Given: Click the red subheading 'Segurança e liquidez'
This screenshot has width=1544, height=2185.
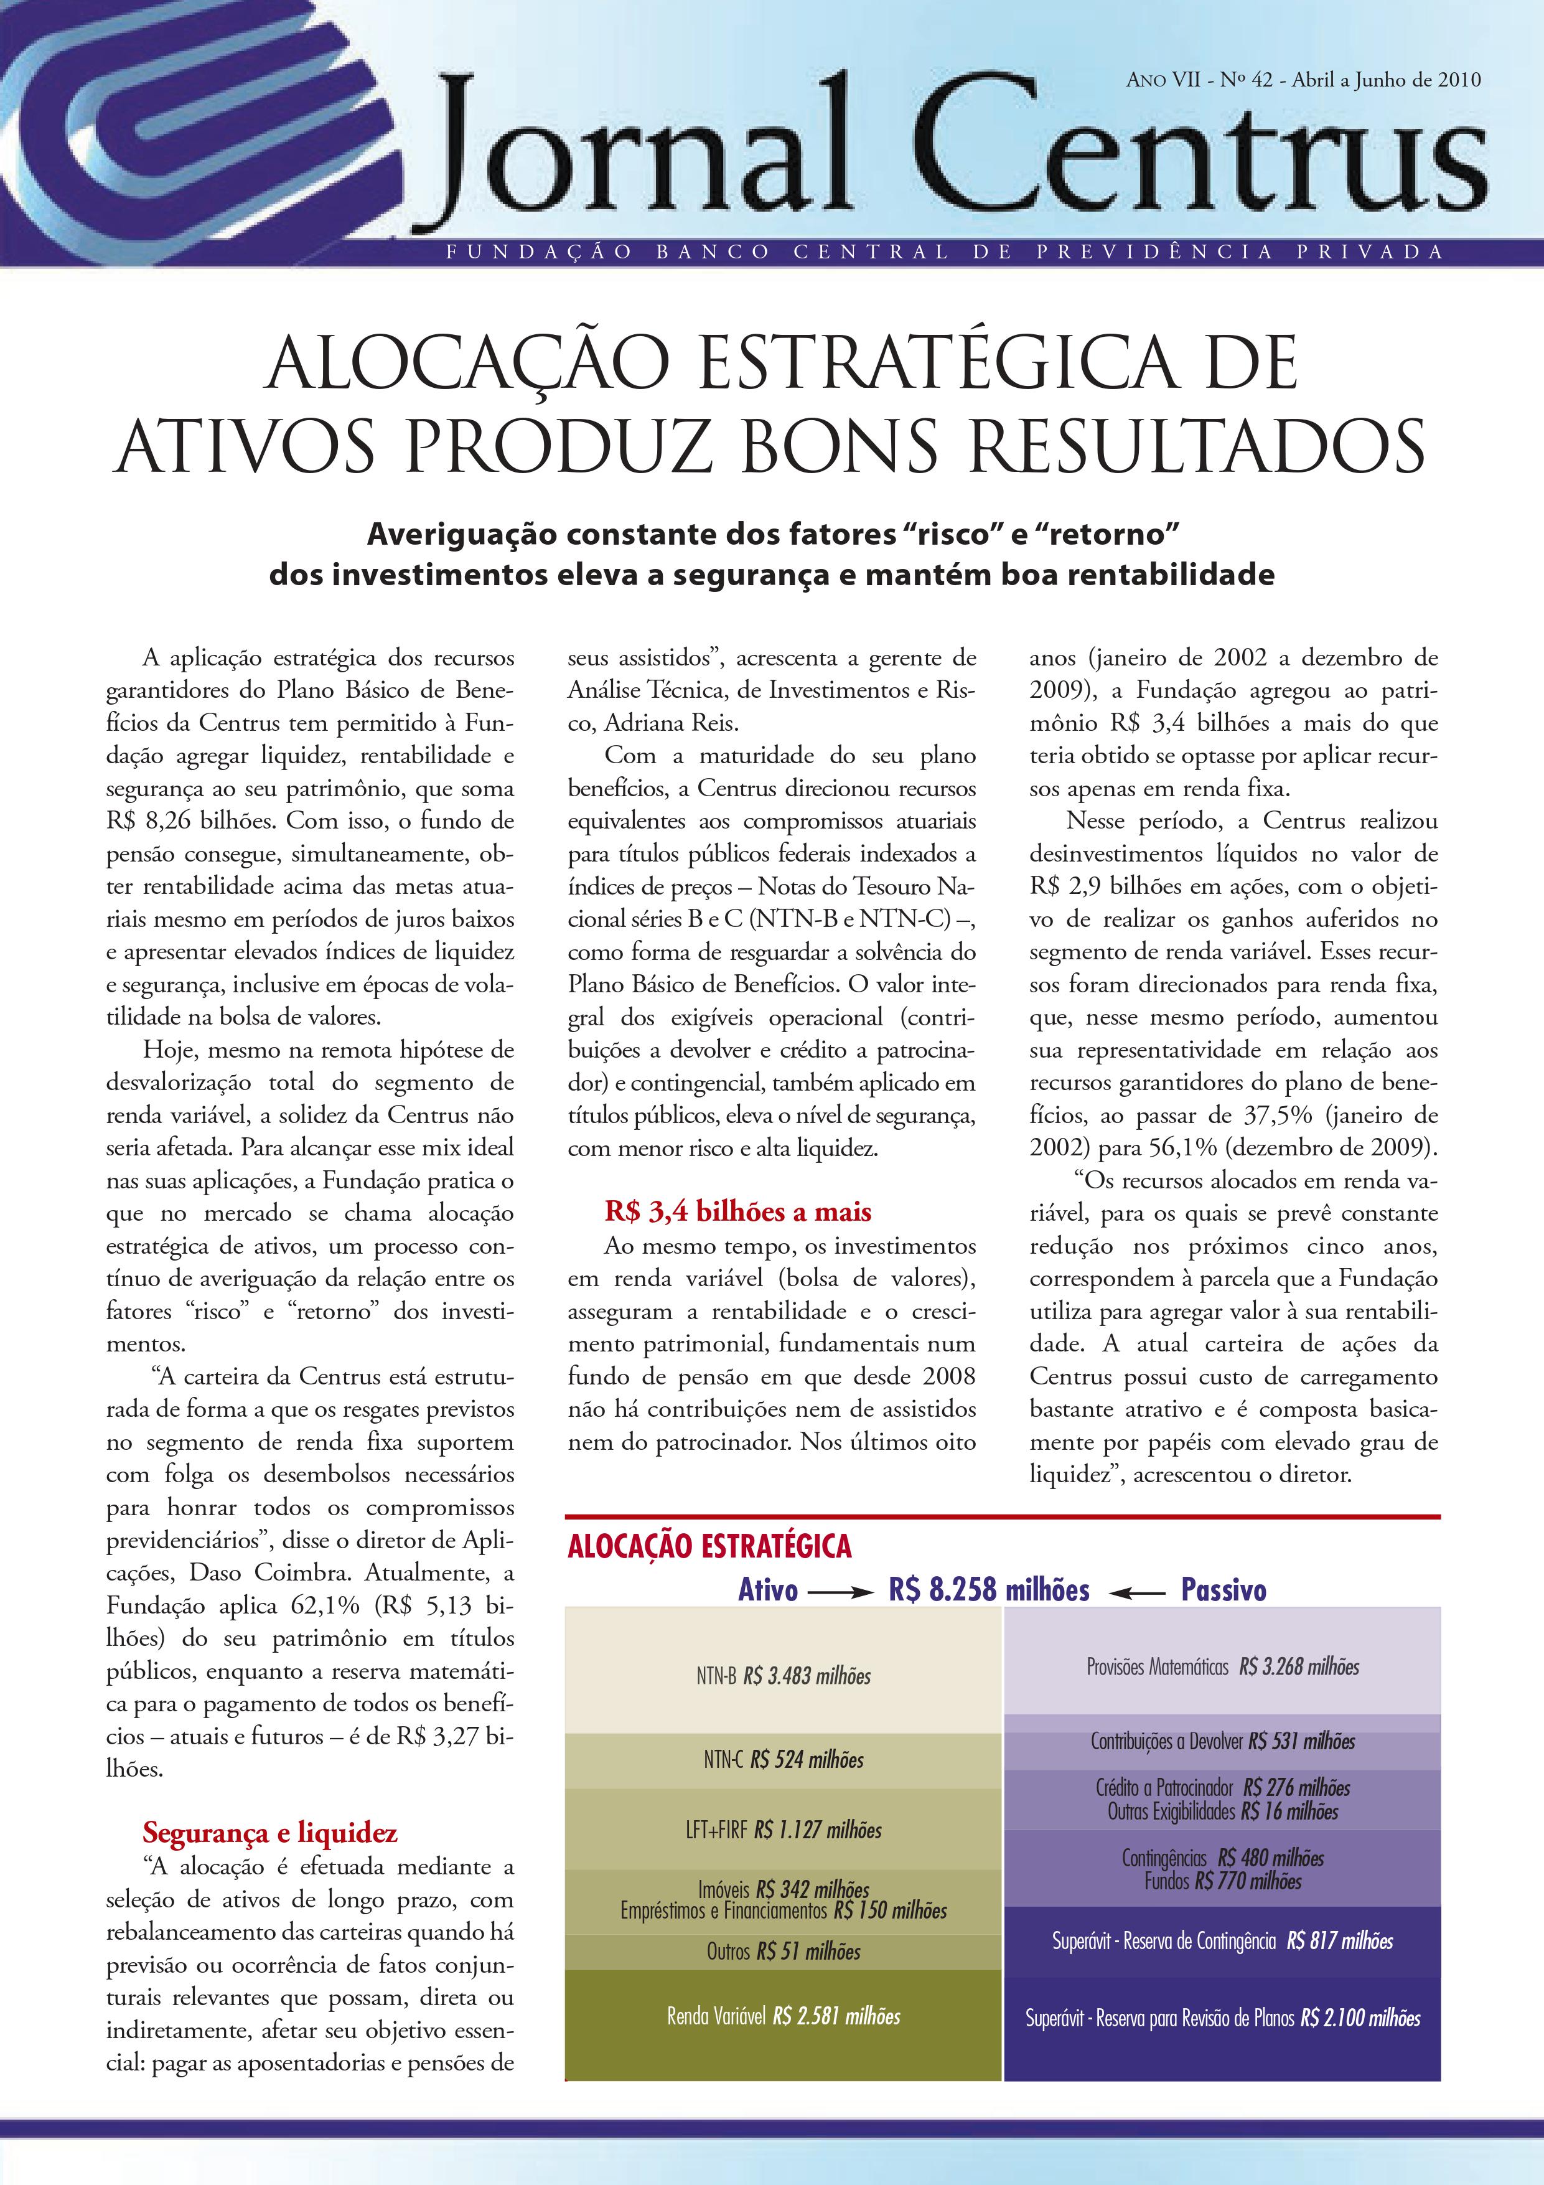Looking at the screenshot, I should point(270,1832).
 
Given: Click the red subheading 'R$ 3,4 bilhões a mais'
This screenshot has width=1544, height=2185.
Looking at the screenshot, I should point(738,1211).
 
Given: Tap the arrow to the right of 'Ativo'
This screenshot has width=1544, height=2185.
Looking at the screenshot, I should point(835,1591).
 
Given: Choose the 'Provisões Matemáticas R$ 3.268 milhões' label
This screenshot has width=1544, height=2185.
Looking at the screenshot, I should point(1222,1667).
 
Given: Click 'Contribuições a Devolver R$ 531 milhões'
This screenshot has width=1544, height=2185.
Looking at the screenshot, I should point(1222,1742).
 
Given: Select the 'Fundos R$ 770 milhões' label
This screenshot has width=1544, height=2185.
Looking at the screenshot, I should point(1222,1881).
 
